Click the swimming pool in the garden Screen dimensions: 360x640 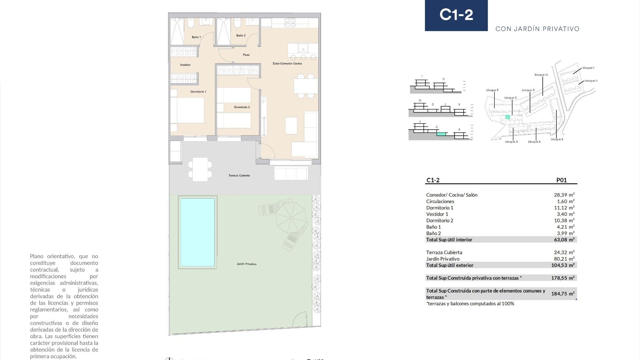click(x=197, y=232)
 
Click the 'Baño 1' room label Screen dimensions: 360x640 click(x=196, y=37)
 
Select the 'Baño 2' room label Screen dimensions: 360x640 click(x=241, y=35)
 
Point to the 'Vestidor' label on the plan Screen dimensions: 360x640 click(x=185, y=65)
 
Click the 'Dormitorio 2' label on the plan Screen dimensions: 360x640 click(x=242, y=107)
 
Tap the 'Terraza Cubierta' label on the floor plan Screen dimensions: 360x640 click(x=239, y=175)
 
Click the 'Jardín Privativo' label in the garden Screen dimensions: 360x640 click(x=246, y=264)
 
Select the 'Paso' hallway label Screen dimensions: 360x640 click(x=246, y=55)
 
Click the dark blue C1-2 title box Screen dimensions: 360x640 click(x=456, y=15)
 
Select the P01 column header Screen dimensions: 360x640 click(x=561, y=180)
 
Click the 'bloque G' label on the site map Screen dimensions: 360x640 click(x=541, y=75)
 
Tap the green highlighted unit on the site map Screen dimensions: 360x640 click(x=508, y=117)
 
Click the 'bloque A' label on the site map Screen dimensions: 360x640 click(x=511, y=142)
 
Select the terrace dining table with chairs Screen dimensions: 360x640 click(x=200, y=169)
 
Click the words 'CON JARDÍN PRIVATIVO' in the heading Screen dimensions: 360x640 click(x=537, y=29)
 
